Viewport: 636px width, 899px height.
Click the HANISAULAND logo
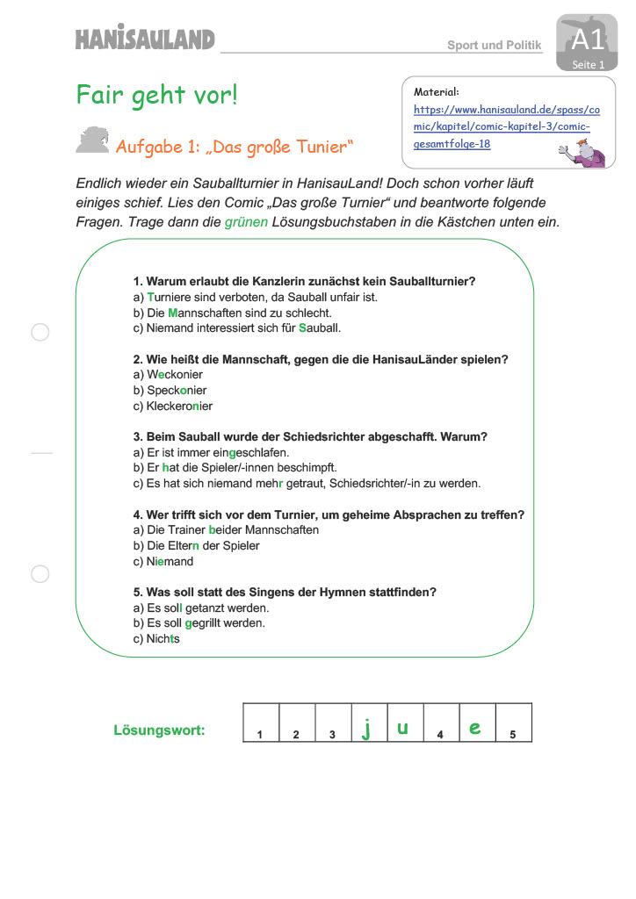pyautogui.click(x=145, y=40)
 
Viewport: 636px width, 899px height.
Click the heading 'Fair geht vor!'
pyautogui.click(x=157, y=95)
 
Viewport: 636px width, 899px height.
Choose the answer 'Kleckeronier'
pyautogui.click(x=173, y=406)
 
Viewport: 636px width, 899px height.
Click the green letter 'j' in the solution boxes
pyautogui.click(x=366, y=728)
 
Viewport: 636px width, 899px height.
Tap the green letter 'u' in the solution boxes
pyautogui.click(x=403, y=727)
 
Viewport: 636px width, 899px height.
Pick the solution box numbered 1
pyautogui.click(x=261, y=723)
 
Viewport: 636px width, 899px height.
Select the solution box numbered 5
pyautogui.click(x=513, y=723)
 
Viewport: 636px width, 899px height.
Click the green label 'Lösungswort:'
pyautogui.click(x=159, y=730)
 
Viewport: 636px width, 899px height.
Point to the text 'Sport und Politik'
pyautogui.click(x=495, y=45)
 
